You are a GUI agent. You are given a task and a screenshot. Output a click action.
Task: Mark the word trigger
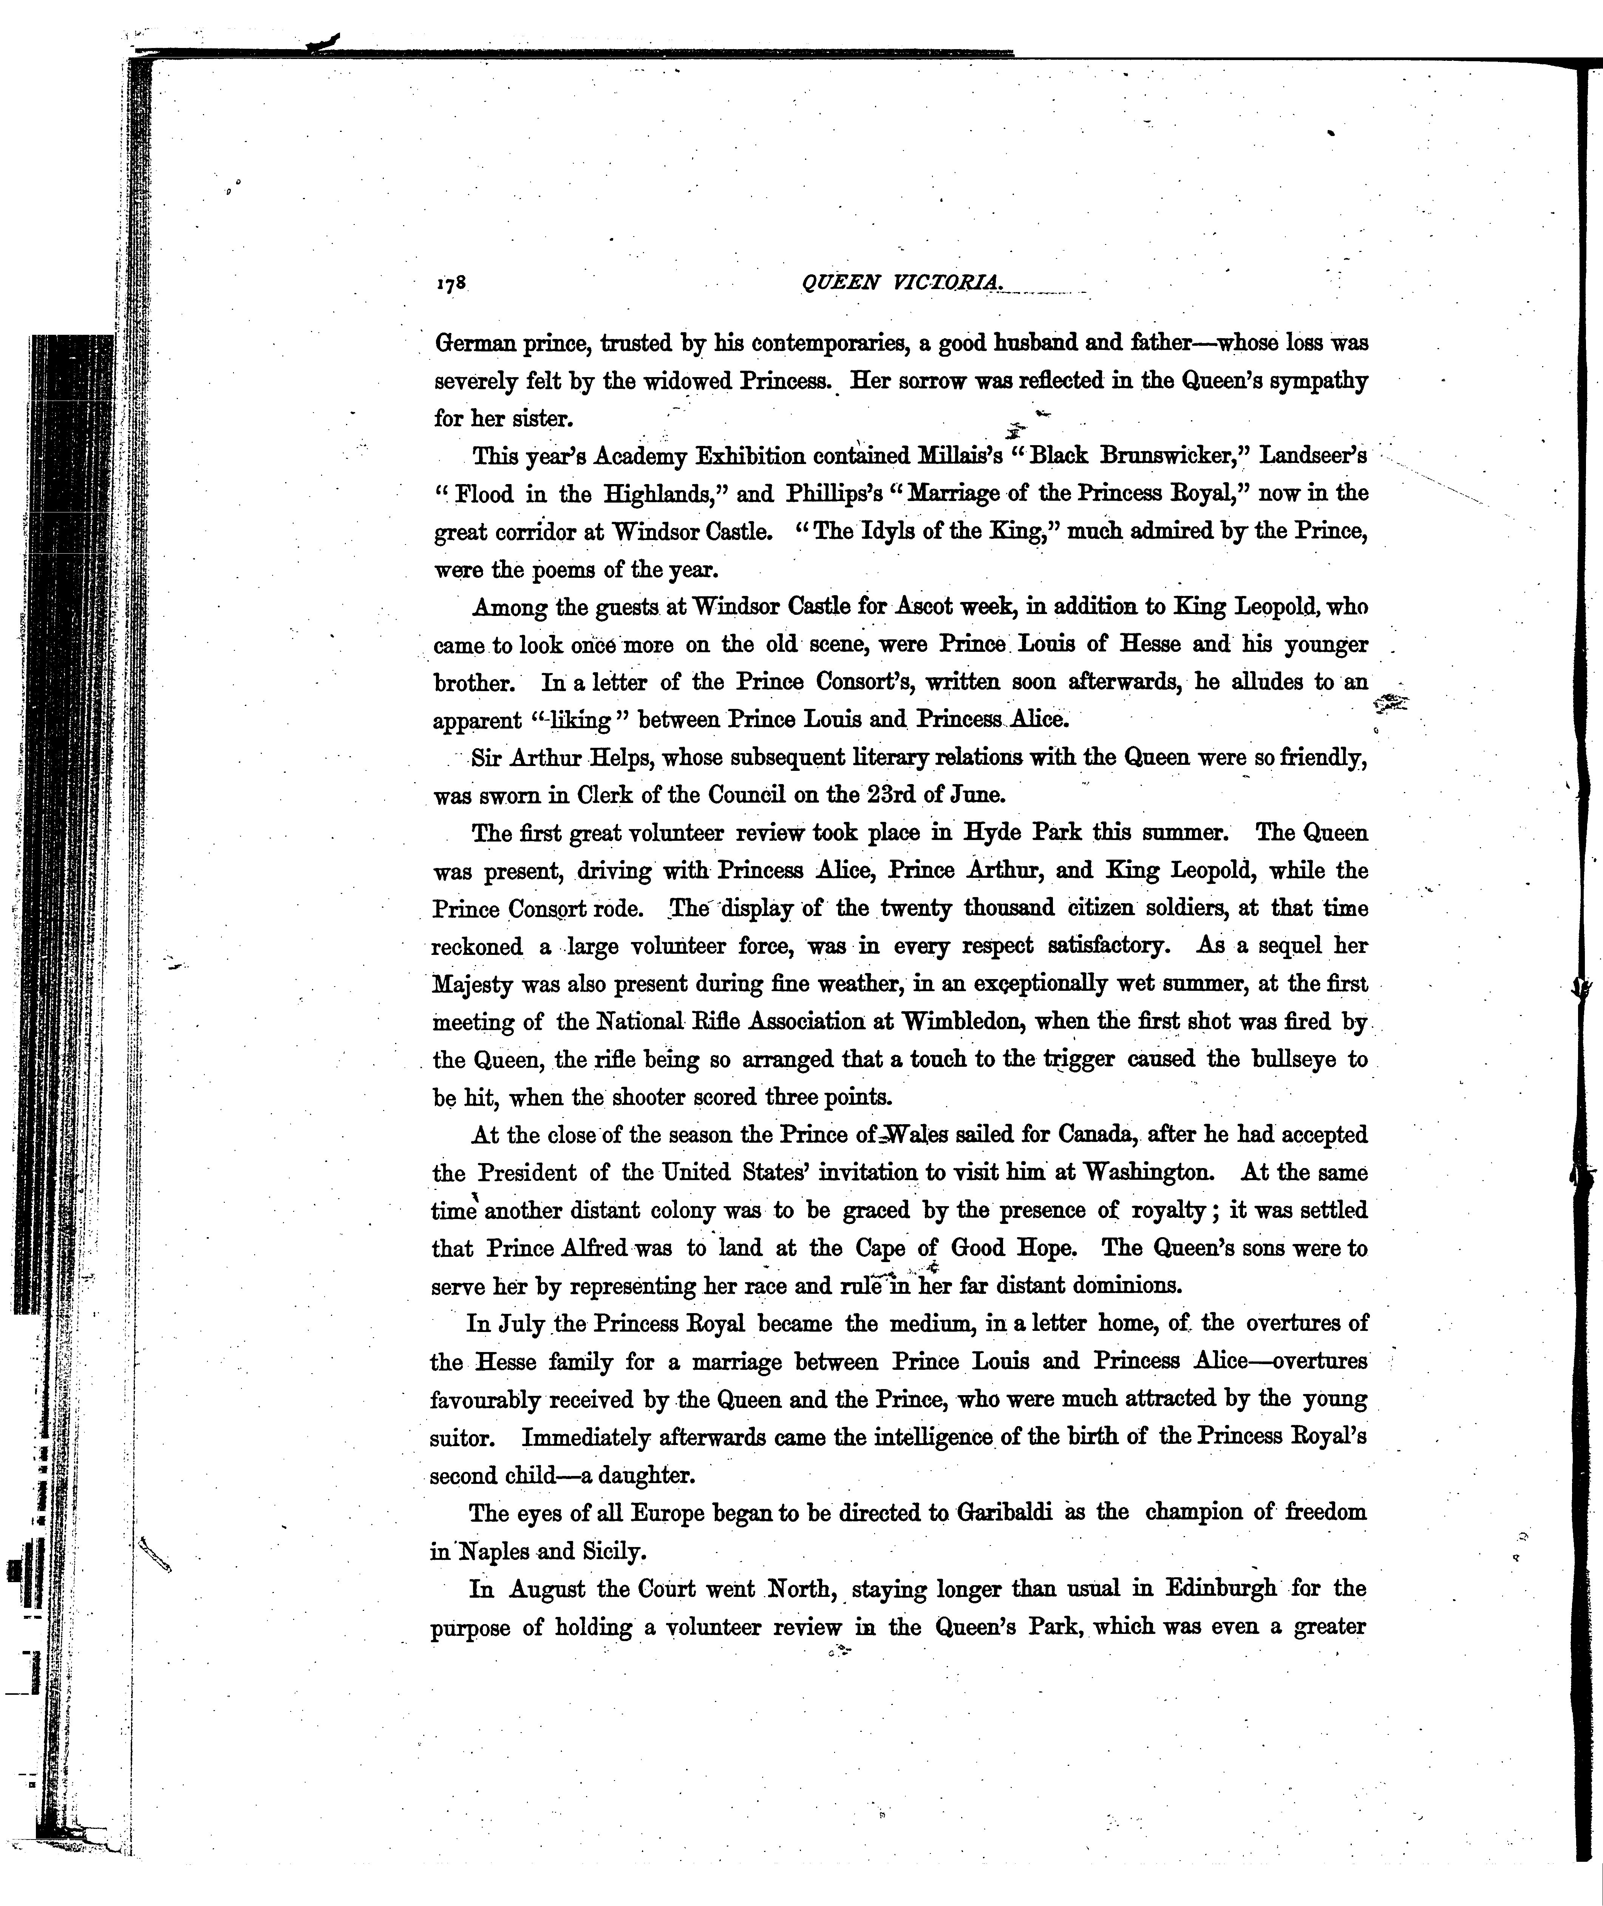click(1078, 1060)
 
